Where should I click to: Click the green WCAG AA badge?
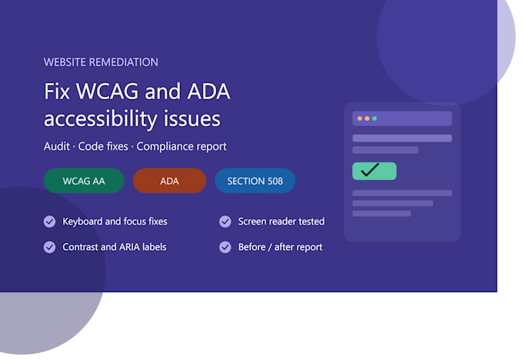[x=84, y=181]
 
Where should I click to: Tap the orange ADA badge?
[x=169, y=181]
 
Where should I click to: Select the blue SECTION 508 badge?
[x=255, y=181]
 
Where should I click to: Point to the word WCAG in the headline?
[x=107, y=91]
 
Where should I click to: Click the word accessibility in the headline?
[x=101, y=119]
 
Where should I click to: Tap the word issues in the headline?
[x=192, y=119]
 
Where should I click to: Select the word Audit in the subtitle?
[x=57, y=146]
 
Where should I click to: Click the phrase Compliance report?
[x=182, y=147]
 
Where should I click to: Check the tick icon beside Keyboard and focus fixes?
[x=50, y=221]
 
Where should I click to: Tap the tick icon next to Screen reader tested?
[x=225, y=221]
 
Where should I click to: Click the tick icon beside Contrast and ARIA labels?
[x=50, y=247]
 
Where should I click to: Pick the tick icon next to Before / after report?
[x=225, y=247]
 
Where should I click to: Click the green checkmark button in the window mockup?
[x=375, y=171]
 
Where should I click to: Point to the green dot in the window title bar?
[x=375, y=118]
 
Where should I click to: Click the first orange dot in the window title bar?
[x=360, y=118]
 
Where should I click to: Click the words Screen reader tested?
[x=281, y=221]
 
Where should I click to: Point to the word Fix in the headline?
[x=57, y=91]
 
